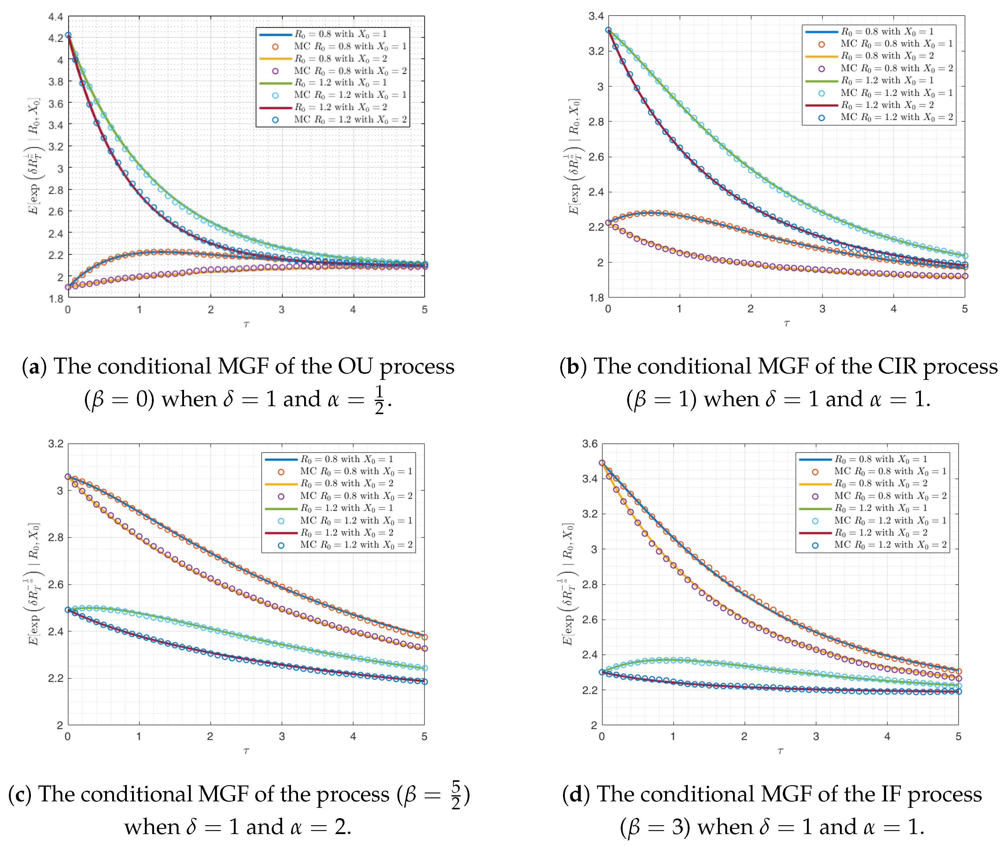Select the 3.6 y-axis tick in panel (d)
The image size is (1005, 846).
pos(590,443)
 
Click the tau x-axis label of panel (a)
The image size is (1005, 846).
pos(246,325)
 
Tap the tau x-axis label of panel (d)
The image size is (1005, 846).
pos(780,751)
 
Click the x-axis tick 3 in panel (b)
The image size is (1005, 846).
pos(822,309)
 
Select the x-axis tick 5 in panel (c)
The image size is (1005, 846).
pos(424,736)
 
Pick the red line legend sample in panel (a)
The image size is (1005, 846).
pos(275,107)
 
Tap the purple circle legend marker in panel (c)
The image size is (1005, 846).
pos(281,496)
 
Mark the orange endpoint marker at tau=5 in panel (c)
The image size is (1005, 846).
pos(424,637)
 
